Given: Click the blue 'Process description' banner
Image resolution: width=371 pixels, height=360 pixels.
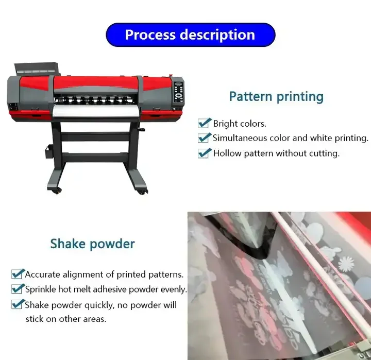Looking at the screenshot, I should pos(190,35).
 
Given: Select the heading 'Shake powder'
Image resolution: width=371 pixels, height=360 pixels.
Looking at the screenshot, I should pos(92,243).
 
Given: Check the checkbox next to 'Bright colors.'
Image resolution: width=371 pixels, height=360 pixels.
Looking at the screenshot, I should pos(205,123).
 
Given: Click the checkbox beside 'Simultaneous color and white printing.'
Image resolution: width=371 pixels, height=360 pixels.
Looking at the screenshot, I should pos(205,138).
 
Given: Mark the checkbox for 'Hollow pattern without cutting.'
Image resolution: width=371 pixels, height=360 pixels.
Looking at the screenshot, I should pos(205,153).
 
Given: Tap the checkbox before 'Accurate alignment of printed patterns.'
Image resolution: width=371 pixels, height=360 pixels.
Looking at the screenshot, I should pos(18,274).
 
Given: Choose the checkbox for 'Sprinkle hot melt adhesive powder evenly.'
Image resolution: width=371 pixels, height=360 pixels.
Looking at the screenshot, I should pos(18,289).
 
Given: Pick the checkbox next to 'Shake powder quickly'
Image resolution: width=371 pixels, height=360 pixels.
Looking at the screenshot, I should pos(18,304).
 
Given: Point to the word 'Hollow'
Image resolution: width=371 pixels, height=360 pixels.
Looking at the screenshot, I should pos(227,153).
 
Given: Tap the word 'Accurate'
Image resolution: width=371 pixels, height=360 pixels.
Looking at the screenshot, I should pos(43,274).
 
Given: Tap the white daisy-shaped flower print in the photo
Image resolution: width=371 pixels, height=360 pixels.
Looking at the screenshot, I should pos(346,264).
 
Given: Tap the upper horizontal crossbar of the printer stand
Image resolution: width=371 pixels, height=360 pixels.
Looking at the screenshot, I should pos(95,138).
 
